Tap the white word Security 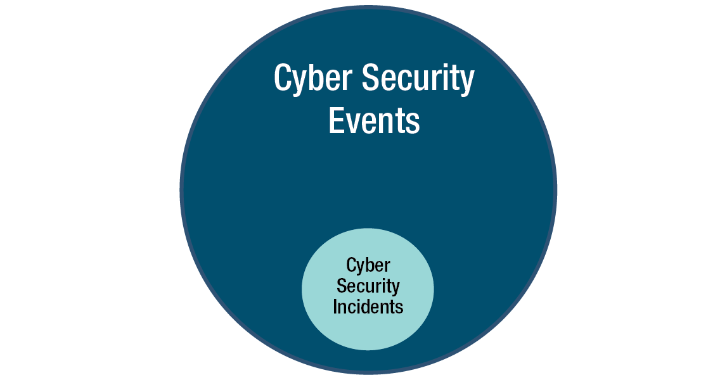point(418,79)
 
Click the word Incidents point(368,307)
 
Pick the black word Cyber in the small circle point(368,265)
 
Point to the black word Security point(368,286)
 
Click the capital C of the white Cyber point(282,79)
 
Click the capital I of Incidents point(335,307)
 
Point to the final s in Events point(414,122)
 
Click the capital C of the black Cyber point(351,265)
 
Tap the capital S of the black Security point(341,286)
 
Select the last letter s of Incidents point(400,308)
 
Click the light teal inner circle point(368,329)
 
